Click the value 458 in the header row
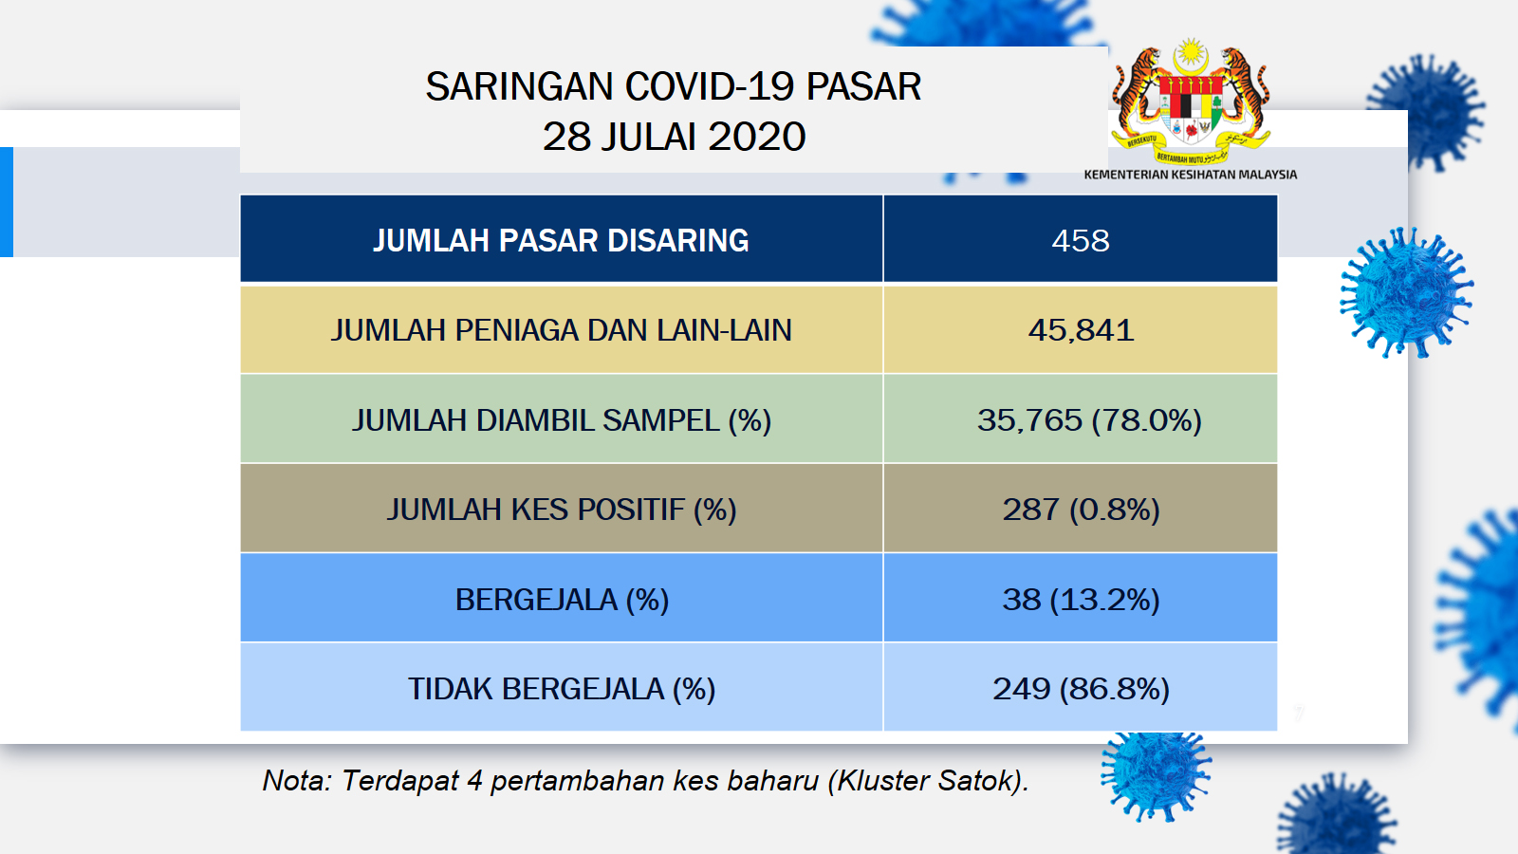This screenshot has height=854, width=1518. point(1081,241)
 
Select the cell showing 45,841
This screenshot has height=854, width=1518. point(1081,331)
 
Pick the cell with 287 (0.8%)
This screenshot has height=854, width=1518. point(1081,510)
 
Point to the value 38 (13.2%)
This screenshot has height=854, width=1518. point(1081,600)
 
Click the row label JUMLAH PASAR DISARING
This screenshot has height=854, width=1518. point(561,241)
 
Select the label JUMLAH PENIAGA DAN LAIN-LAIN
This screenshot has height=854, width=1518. point(561,331)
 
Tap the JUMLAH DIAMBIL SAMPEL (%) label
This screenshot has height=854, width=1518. point(561,420)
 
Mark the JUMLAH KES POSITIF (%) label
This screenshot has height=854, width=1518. point(561,510)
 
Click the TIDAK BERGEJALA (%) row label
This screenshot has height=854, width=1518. point(561,689)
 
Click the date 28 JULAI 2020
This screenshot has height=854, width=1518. point(674,137)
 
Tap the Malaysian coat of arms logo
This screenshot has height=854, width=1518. point(1191,102)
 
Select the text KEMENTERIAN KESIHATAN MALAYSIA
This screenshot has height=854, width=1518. point(1190,175)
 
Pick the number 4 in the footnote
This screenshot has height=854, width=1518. point(474,781)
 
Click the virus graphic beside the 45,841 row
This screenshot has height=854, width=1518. point(1406,293)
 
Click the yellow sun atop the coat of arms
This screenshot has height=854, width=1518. point(1191,52)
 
